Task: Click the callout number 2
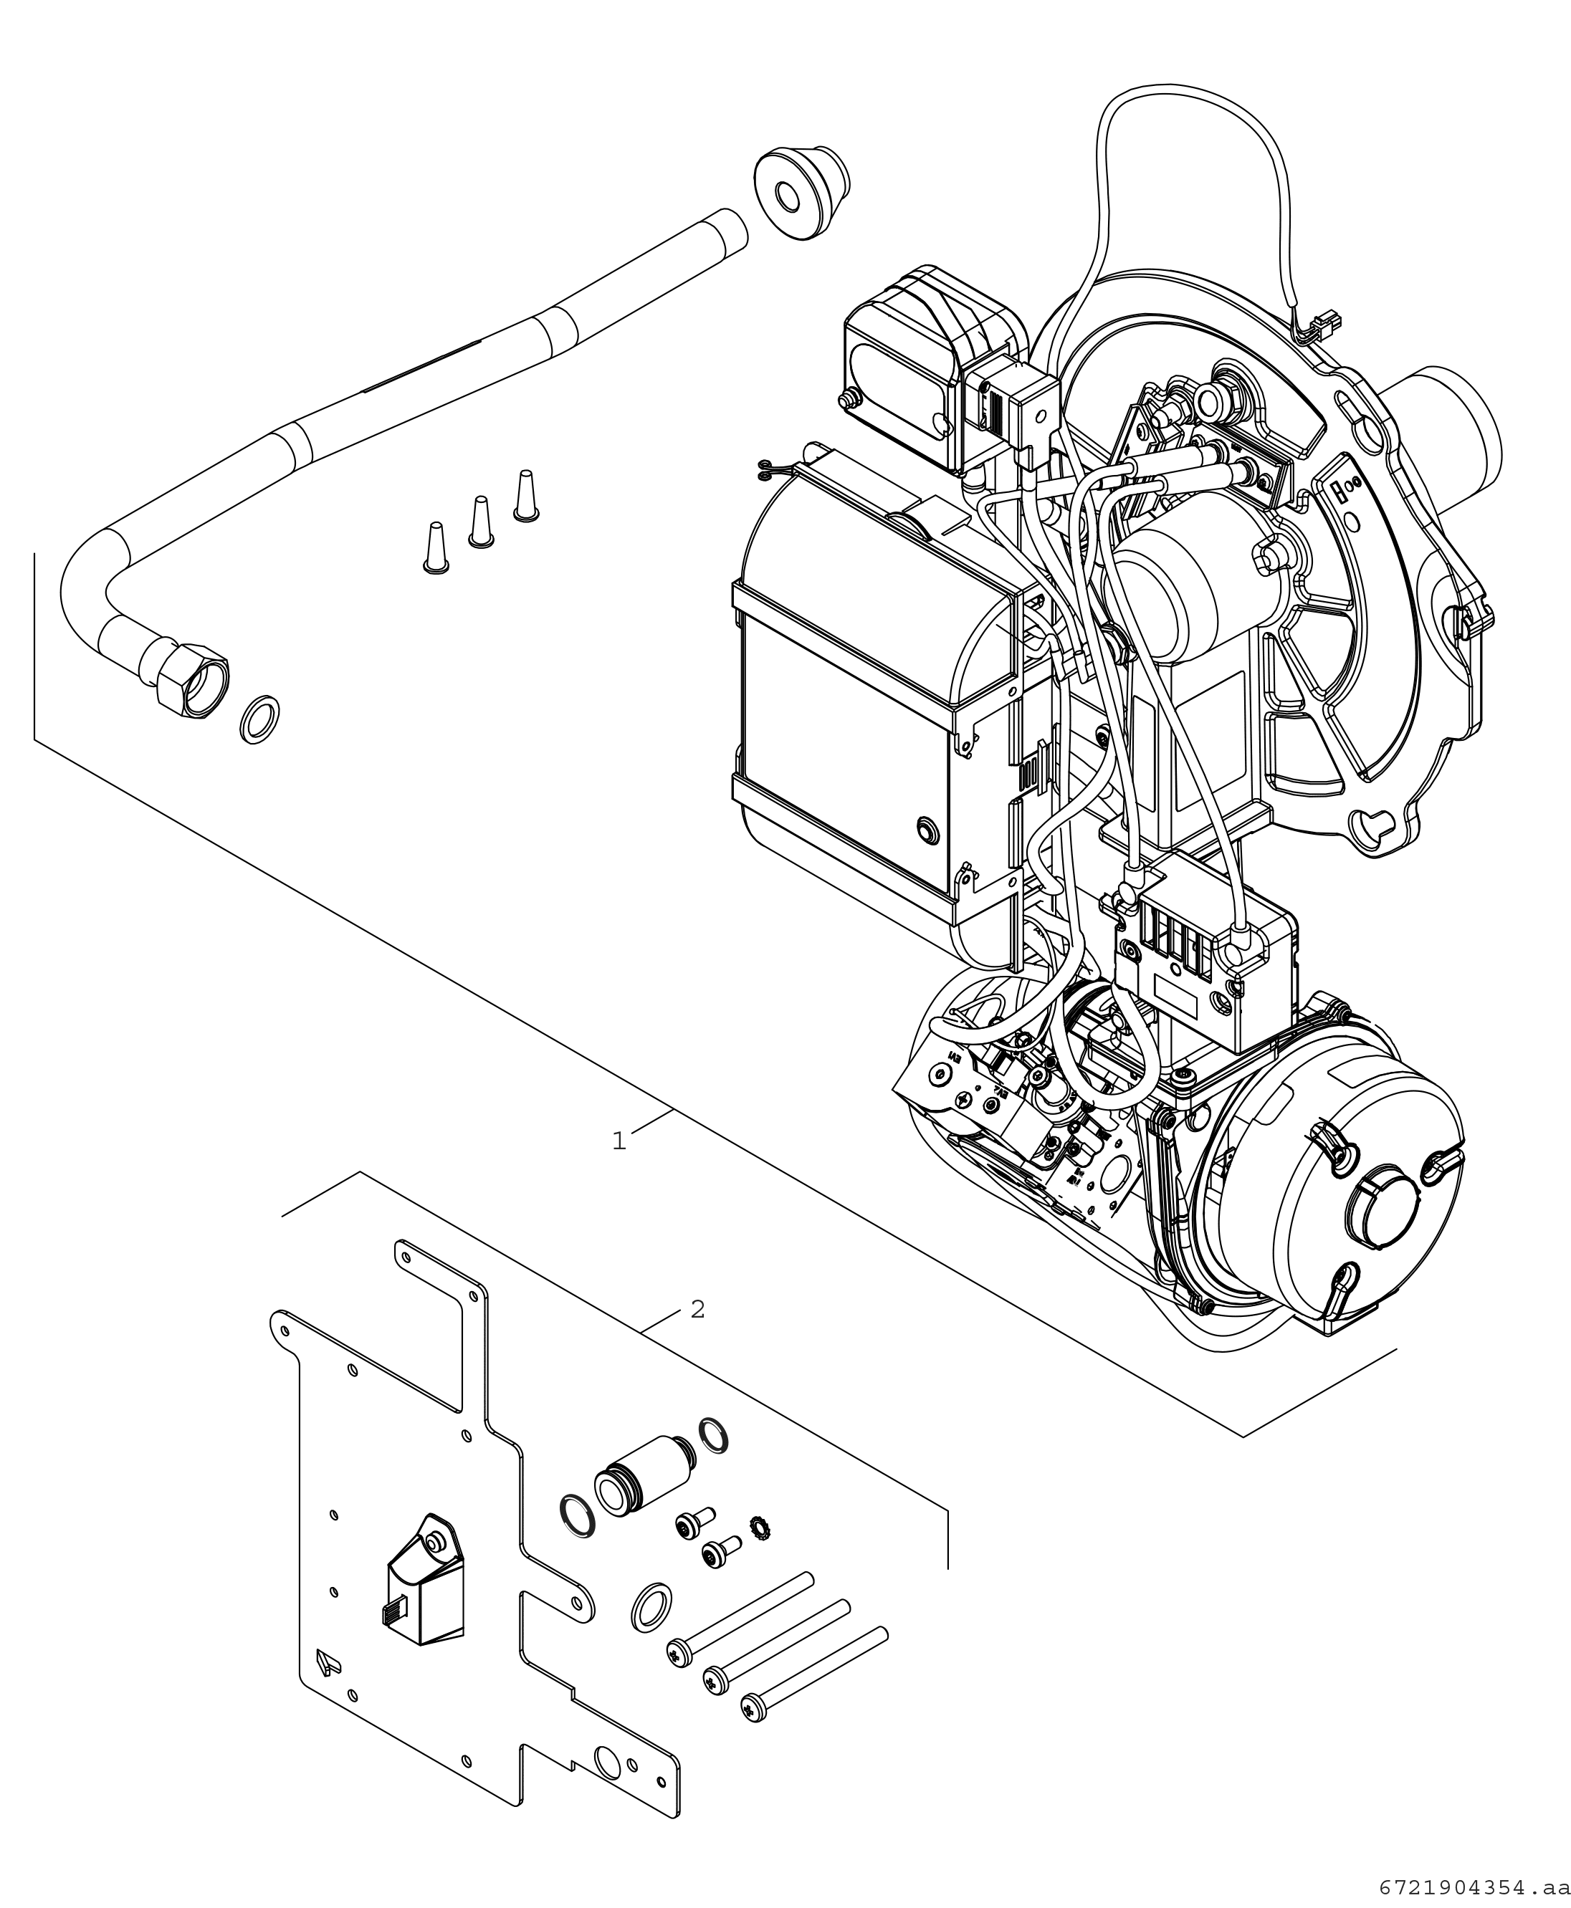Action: tap(697, 1309)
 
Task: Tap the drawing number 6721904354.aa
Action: tap(1474, 1888)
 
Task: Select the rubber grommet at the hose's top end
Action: tap(800, 193)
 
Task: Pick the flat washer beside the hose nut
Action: tap(259, 719)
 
